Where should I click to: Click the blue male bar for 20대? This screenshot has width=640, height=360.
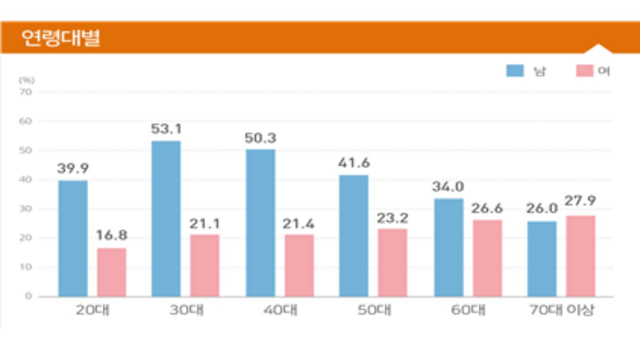[x=73, y=238]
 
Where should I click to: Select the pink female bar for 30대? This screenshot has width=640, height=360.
[x=204, y=265]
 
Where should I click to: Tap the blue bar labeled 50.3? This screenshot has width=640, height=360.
[x=260, y=223]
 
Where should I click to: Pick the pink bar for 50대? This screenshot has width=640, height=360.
[x=392, y=262]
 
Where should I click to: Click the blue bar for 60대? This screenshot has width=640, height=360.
[x=448, y=247]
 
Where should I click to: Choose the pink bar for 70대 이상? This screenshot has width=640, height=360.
[x=580, y=256]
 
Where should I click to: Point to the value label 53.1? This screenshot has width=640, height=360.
[x=166, y=129]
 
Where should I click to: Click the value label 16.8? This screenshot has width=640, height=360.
[x=112, y=235]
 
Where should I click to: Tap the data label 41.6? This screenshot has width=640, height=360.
[x=354, y=163]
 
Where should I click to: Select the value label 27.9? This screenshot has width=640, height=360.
[x=580, y=201]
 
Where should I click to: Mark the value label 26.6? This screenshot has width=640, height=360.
[x=487, y=208]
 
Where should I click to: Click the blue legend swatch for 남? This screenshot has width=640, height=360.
[x=514, y=71]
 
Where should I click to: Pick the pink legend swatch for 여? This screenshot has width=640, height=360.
[x=584, y=71]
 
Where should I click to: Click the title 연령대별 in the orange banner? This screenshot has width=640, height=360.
[x=61, y=38]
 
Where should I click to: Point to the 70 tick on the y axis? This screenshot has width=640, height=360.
[x=25, y=92]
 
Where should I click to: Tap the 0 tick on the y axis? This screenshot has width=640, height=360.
[x=28, y=296]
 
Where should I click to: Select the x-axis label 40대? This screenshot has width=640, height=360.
[x=280, y=310]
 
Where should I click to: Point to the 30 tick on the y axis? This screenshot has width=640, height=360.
[x=25, y=209]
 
